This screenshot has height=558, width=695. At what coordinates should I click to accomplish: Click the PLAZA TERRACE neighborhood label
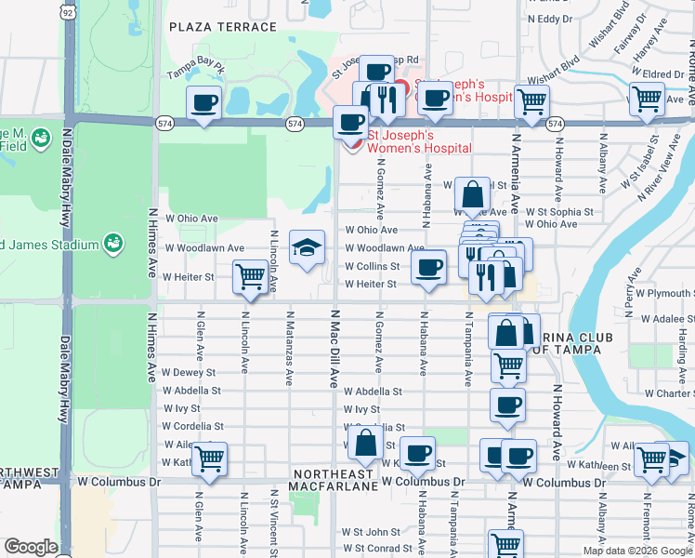pos(223,27)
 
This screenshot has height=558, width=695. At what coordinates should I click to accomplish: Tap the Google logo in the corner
pos(31,547)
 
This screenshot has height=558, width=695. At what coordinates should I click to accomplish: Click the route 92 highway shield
pos(68,12)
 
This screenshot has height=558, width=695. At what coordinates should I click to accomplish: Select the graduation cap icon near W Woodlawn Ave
pos(308,247)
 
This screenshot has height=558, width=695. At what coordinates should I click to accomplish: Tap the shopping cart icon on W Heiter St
pos(250,276)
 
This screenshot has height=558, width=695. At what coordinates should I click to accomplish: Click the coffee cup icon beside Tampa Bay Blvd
pos(204,102)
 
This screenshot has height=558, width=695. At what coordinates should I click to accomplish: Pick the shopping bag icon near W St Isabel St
pos(473,196)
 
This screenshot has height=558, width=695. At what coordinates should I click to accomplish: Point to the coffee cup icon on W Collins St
pos(428,269)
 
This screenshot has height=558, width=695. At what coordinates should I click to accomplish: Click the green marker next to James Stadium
pos(112,243)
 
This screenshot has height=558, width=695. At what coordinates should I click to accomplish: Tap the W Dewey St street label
pos(190,373)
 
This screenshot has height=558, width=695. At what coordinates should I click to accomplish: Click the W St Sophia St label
pos(559,212)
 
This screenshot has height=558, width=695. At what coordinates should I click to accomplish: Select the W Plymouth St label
pos(666,293)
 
